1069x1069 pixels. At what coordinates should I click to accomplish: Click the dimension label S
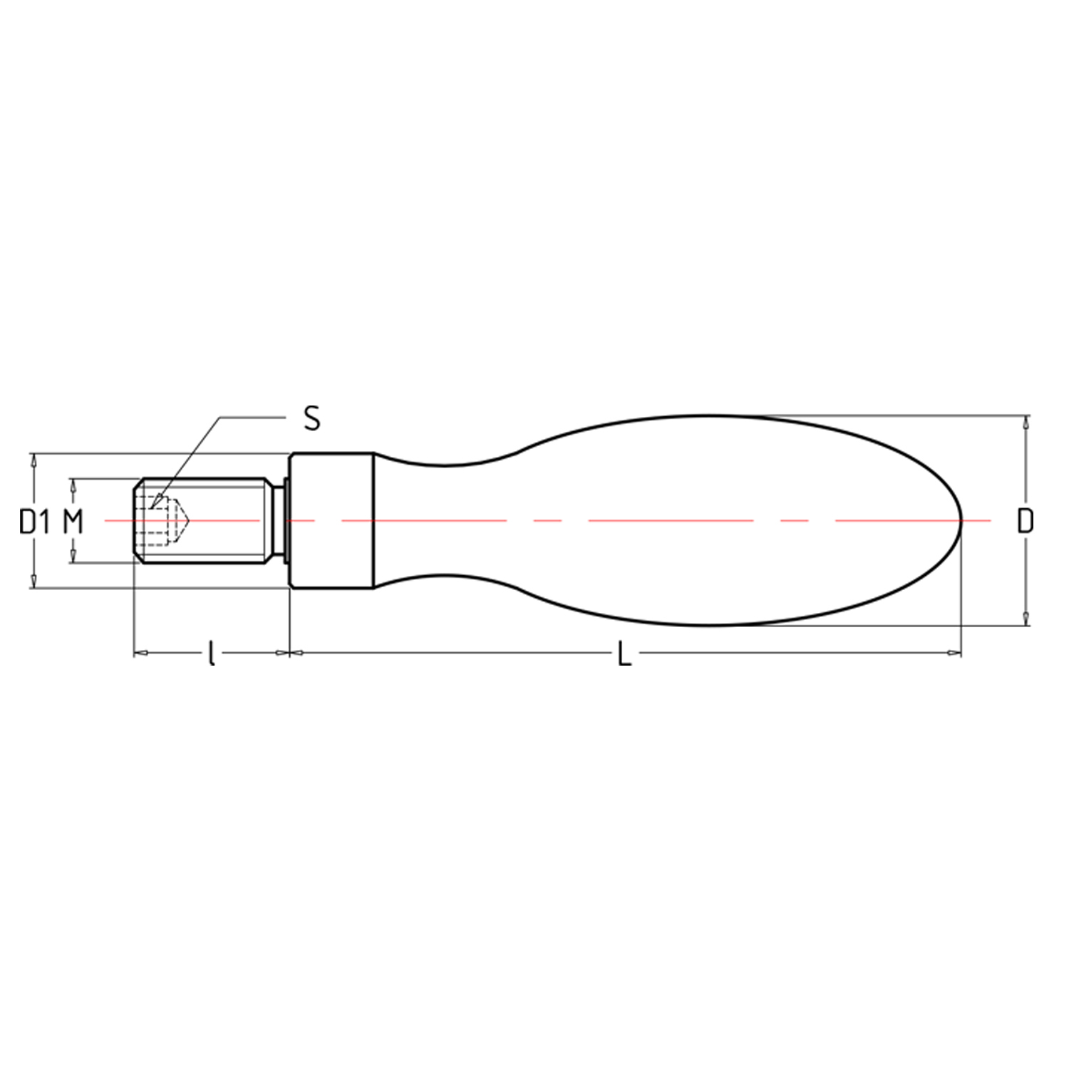click(312, 418)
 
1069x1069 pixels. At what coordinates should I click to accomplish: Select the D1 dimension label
click(35, 522)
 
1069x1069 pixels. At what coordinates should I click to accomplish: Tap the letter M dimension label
click(73, 522)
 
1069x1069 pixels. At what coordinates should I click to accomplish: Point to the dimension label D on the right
click(1025, 522)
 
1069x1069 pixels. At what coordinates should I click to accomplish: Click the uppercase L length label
click(624, 654)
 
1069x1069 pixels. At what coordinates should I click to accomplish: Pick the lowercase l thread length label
click(211, 654)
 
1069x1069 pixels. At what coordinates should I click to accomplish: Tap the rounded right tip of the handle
click(961, 521)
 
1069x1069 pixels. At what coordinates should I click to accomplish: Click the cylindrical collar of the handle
click(331, 521)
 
